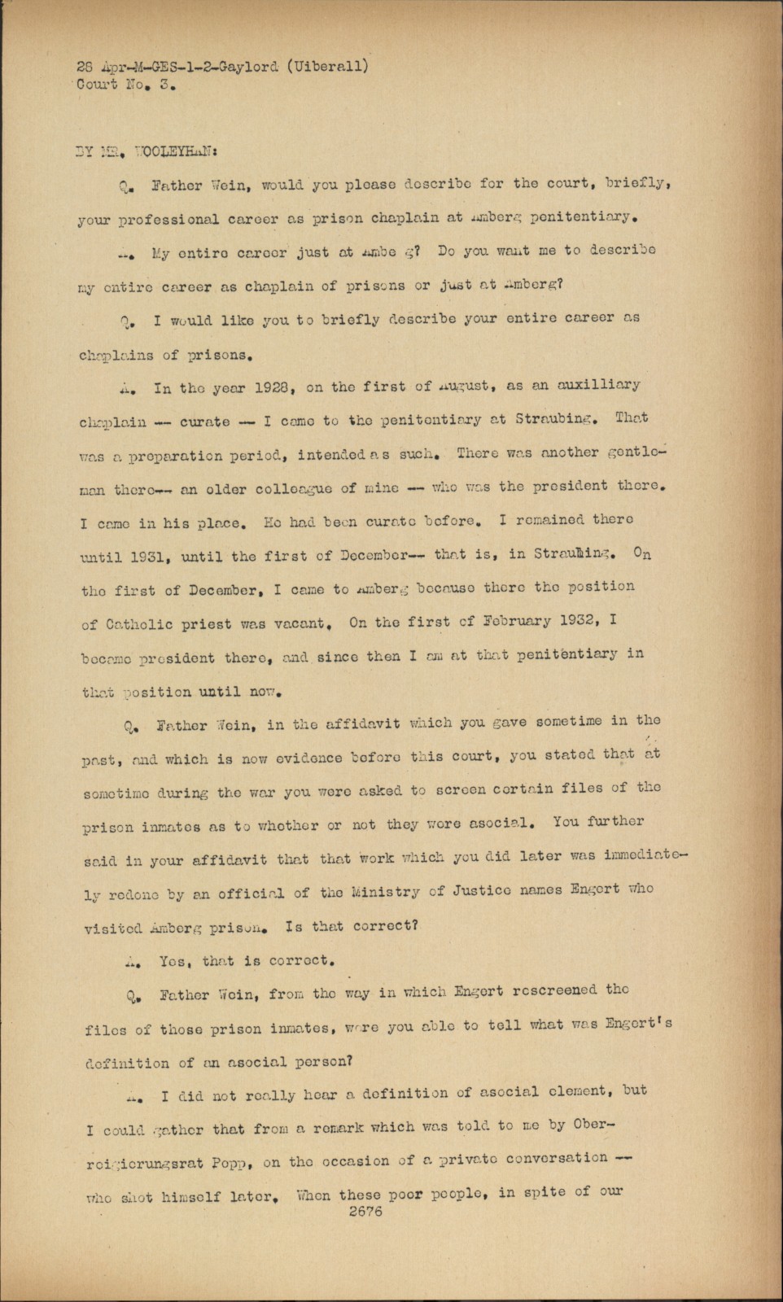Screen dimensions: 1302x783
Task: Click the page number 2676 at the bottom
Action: pos(365,1211)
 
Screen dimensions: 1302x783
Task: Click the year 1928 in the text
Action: pos(269,387)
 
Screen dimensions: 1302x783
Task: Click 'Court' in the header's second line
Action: pos(97,85)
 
